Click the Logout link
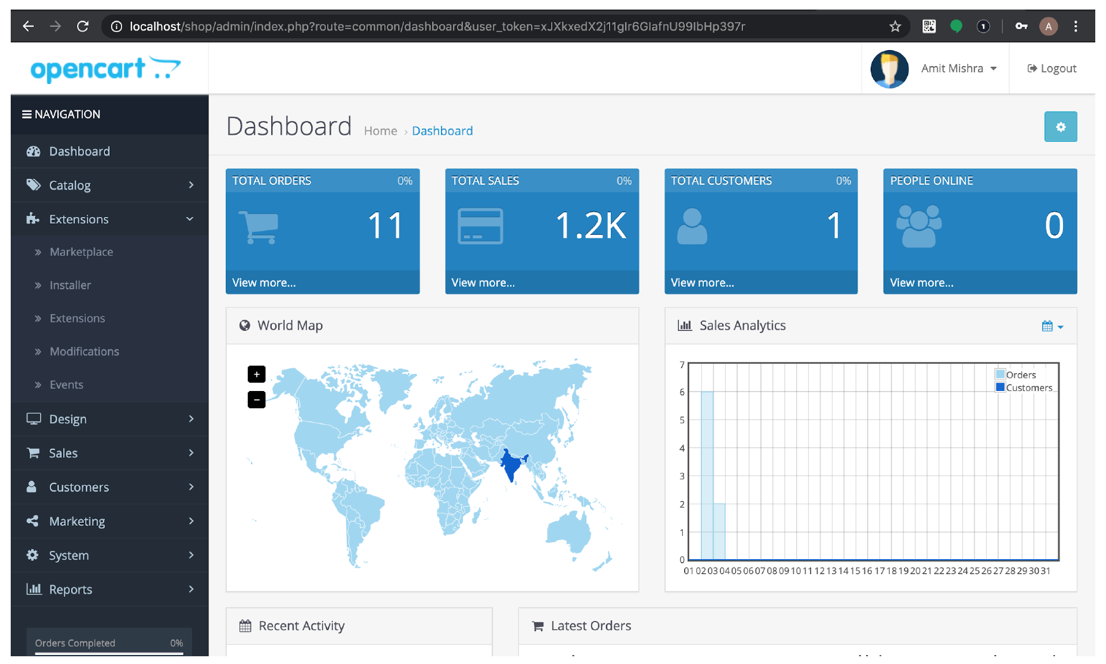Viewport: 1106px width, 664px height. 1052,69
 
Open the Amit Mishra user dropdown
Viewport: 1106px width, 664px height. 958,69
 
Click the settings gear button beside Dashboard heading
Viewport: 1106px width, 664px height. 1060,127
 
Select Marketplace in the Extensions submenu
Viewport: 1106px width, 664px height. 81,252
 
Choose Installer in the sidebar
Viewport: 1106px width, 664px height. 70,286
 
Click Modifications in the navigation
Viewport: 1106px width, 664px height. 84,352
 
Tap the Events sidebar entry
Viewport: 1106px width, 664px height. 66,385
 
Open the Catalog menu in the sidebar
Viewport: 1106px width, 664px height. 70,185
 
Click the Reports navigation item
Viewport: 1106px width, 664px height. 70,589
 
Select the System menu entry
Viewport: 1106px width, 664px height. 69,556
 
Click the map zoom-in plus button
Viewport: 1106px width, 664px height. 256,374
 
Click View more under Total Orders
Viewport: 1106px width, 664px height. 264,283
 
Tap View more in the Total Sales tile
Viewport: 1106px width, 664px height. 483,283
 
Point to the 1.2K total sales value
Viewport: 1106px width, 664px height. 591,226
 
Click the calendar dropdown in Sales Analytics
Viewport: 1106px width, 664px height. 1052,326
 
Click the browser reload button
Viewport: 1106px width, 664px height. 83,26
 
